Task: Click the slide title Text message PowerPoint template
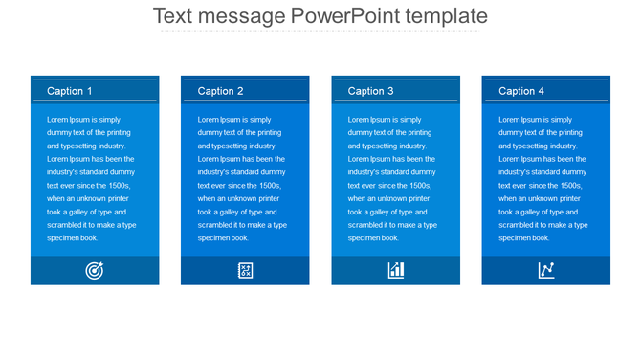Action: pos(320,16)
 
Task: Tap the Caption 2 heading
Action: pos(220,91)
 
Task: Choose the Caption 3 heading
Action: pos(371,91)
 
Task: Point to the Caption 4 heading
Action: pos(521,91)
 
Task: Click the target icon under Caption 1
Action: pos(95,271)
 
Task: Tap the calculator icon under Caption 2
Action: pos(245,271)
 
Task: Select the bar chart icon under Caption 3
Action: pos(395,271)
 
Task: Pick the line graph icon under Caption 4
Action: pos(546,271)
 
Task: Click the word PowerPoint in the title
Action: pos(351,16)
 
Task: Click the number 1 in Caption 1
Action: pos(89,91)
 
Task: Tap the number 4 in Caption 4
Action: pos(541,91)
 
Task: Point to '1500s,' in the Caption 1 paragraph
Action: pos(117,186)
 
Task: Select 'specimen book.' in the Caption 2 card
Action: pos(223,238)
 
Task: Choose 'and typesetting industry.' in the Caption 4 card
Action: pos(539,146)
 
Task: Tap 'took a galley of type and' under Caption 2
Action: pos(237,212)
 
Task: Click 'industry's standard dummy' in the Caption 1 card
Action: pos(91,172)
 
